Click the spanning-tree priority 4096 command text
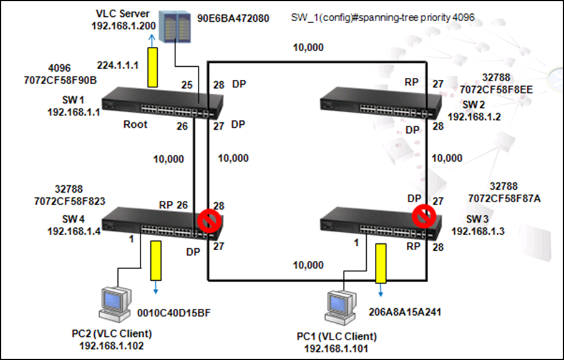pos(383,17)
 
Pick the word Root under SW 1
pos(135,124)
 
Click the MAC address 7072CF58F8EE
pos(497,90)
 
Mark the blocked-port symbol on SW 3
pos(423,216)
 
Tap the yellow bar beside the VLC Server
pos(151,73)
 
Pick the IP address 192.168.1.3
pos(477,231)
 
